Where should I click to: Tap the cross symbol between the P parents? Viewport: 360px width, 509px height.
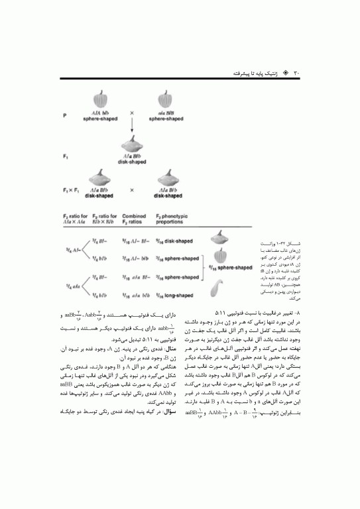coord(131,112)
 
